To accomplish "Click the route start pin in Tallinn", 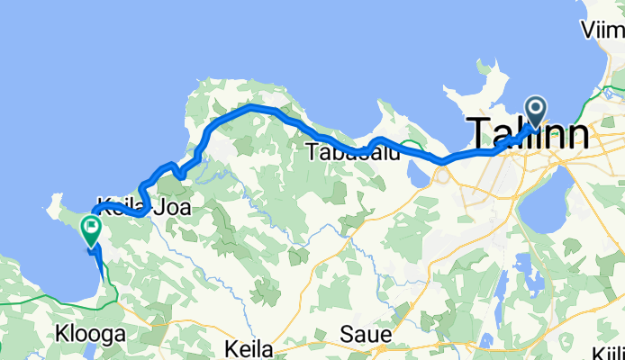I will coord(536,113).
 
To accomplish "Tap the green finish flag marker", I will coord(92,229).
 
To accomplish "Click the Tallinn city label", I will coord(530,136).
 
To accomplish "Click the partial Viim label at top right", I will coord(604,31).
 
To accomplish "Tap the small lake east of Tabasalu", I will coord(416,170).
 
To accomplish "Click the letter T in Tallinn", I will coord(478,136).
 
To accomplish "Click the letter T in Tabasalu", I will coord(312,152).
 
